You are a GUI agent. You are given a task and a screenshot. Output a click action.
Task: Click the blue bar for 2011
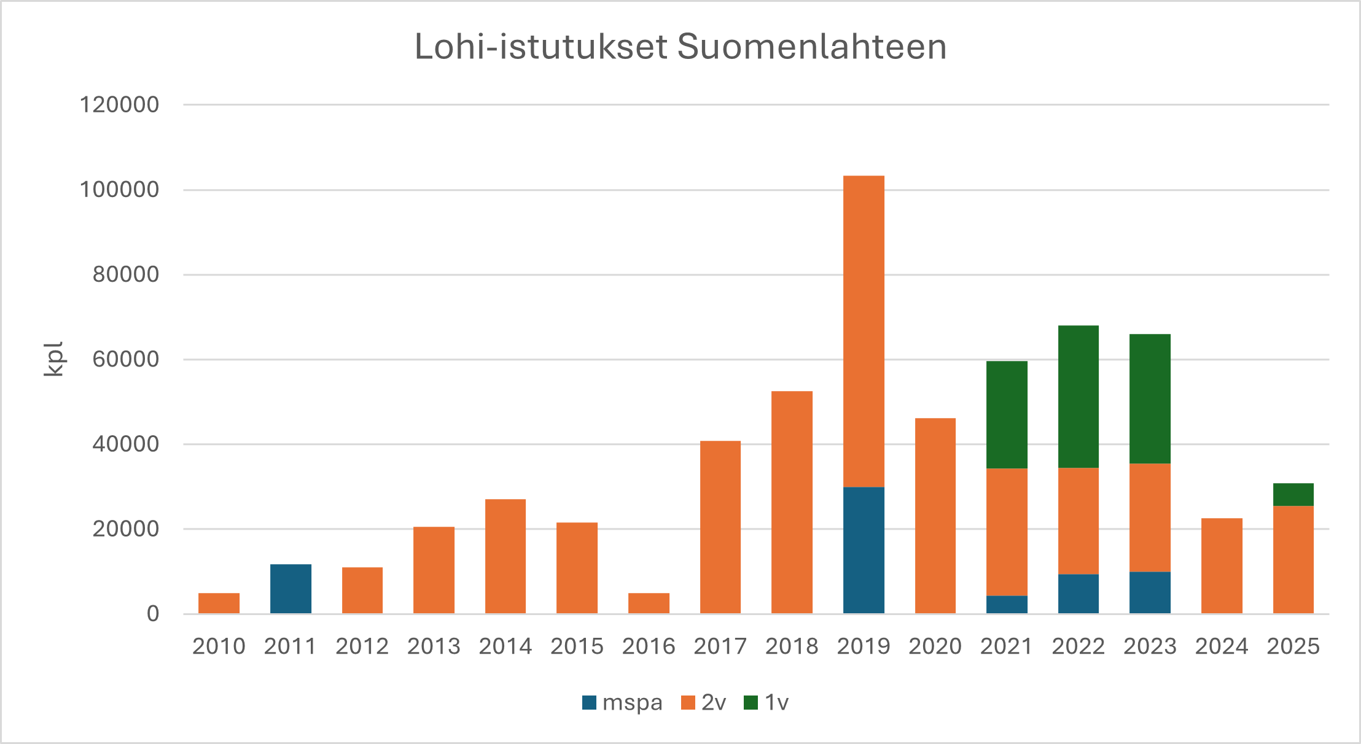click(x=291, y=589)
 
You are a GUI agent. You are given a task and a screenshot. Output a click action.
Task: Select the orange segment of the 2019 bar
click(x=864, y=331)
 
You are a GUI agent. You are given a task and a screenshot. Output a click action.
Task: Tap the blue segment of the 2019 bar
click(x=864, y=550)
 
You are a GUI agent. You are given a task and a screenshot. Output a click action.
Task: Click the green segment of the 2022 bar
click(x=1078, y=397)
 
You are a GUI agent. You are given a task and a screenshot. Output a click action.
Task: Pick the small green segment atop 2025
click(x=1293, y=494)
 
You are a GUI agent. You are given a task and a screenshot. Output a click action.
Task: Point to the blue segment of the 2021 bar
click(x=1007, y=604)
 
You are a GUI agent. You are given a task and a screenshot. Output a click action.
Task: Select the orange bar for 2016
click(x=649, y=603)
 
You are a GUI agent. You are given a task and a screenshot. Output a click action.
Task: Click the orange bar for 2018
click(x=792, y=502)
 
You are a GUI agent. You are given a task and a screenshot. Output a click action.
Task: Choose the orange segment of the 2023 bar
click(x=1150, y=517)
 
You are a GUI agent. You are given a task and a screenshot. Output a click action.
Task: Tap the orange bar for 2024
click(x=1222, y=565)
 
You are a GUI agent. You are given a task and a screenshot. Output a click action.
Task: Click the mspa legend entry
click(x=622, y=702)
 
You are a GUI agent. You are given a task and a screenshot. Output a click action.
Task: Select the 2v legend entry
click(x=704, y=702)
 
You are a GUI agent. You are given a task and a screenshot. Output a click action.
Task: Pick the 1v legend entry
click(x=766, y=702)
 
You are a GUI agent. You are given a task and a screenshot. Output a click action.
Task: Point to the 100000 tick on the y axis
click(x=119, y=190)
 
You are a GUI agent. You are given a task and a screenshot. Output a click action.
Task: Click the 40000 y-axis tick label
click(x=125, y=444)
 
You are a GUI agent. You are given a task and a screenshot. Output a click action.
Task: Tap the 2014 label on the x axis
click(x=505, y=646)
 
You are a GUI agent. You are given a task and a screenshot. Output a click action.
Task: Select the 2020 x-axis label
click(x=935, y=646)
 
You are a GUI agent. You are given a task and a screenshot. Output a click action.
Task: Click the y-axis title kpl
click(x=54, y=359)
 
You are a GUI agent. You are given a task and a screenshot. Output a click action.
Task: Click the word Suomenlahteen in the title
click(x=811, y=47)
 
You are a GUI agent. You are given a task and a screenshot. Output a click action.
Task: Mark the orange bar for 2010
click(x=219, y=603)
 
